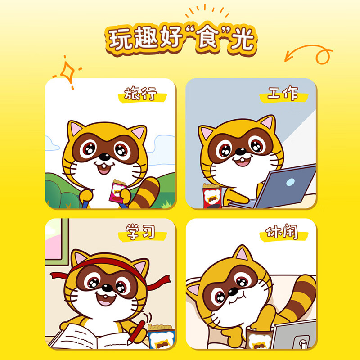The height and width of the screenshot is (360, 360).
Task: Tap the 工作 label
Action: [x=283, y=94]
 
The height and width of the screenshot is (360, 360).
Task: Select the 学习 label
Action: [x=140, y=233]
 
